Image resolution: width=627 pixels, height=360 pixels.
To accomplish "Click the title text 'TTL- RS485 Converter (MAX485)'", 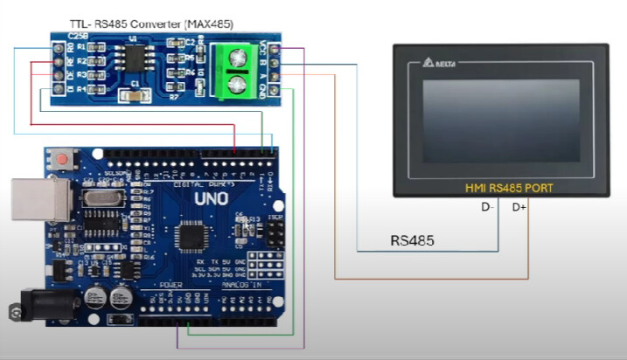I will (x=145, y=22).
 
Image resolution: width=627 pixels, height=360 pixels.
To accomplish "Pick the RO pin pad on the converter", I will (x=58, y=49).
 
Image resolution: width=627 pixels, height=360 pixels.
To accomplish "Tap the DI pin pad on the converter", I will (x=58, y=89).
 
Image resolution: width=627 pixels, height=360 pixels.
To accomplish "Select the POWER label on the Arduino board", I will (x=171, y=285).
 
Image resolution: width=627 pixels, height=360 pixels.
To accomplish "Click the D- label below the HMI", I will (x=488, y=208).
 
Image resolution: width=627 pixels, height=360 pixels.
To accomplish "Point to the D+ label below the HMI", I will (x=519, y=208).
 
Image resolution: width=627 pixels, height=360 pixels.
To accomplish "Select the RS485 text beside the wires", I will (x=412, y=240).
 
